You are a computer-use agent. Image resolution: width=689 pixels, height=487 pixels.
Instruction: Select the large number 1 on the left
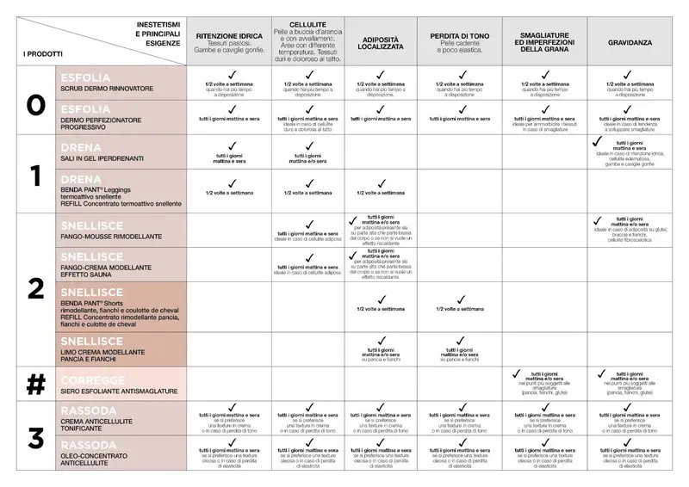(35, 176)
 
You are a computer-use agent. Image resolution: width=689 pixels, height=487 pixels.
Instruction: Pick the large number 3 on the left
(35, 437)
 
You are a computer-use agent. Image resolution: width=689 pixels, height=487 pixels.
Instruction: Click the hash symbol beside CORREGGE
(35, 385)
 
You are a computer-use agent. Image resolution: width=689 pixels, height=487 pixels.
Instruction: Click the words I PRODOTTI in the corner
(40, 53)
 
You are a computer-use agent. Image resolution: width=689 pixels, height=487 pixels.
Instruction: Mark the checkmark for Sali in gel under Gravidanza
(595, 139)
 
